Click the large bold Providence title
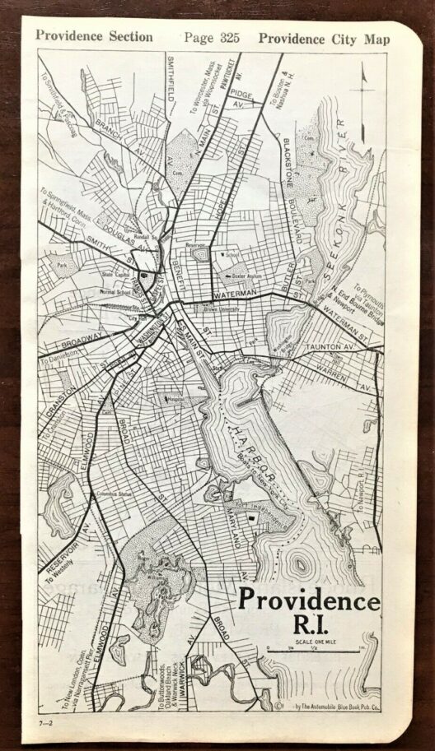click(x=310, y=601)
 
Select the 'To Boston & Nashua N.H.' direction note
click(x=284, y=104)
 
